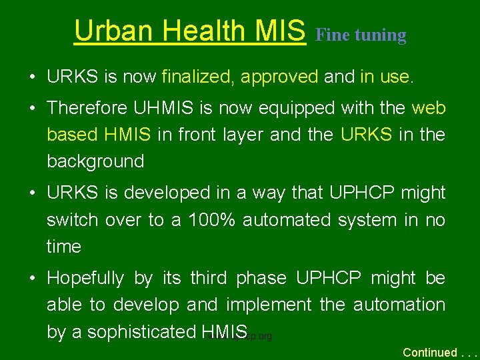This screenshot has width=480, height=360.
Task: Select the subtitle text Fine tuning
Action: click(361, 35)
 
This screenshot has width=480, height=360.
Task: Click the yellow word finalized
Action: click(198, 77)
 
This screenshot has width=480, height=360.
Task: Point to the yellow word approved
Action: click(279, 77)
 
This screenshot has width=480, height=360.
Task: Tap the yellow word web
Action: click(429, 108)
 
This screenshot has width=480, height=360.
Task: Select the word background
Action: click(95, 161)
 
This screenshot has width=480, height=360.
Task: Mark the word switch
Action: click(73, 220)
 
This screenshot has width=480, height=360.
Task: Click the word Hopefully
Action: click(85, 278)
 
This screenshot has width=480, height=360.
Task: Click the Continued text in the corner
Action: click(430, 352)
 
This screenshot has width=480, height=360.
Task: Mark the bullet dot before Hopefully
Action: click(33, 278)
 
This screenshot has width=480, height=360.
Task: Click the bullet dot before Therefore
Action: click(33, 108)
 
